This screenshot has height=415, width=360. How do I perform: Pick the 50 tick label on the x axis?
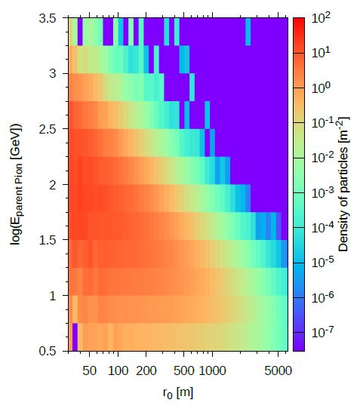pyautogui.click(x=89, y=371)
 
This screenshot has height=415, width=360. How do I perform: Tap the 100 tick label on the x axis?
pyautogui.click(x=118, y=371)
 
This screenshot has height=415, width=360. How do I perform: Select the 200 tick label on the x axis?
pyautogui.click(x=146, y=371)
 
